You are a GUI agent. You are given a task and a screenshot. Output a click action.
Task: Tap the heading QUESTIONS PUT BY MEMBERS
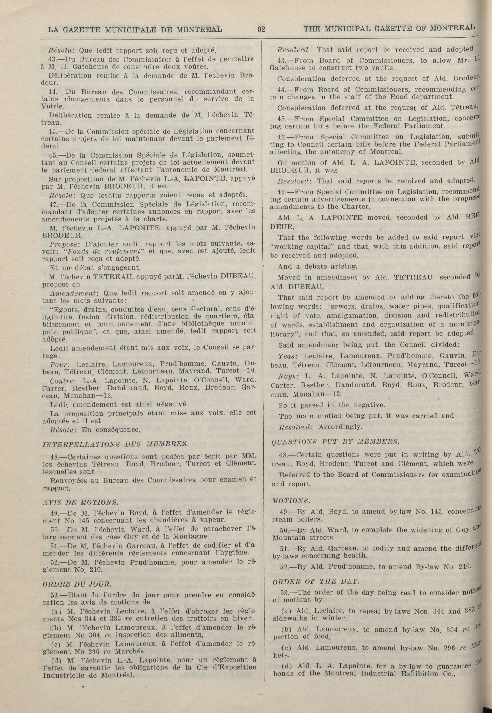pyautogui.click(x=335, y=441)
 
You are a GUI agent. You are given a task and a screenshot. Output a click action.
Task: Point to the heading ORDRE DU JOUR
pyautogui.click(x=77, y=584)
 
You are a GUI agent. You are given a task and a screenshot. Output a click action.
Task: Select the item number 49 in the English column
pyautogui.click(x=283, y=512)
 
